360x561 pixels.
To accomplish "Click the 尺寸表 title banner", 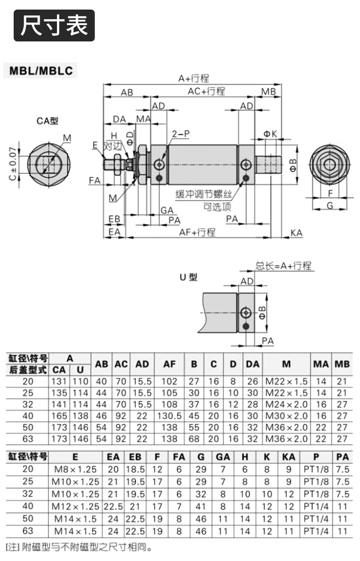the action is [x=54, y=25].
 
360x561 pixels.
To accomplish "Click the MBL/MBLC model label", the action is [x=41, y=71].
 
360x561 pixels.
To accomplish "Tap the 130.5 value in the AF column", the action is [x=169, y=416].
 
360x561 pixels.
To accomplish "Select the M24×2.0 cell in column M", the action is [x=287, y=404].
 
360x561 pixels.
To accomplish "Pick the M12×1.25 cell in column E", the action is [x=76, y=506].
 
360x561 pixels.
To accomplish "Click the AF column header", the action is [x=169, y=364].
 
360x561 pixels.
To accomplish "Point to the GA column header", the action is [x=223, y=457].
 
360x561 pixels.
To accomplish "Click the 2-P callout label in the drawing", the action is [x=180, y=134].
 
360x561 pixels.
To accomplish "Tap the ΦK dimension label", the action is [x=270, y=134].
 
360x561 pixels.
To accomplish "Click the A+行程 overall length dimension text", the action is [x=194, y=78].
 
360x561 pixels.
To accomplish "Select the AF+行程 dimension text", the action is [x=197, y=232].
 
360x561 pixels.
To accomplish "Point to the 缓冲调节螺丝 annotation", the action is [x=203, y=194].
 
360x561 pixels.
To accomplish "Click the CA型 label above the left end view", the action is [x=47, y=121].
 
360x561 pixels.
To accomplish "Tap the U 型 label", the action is [x=189, y=277].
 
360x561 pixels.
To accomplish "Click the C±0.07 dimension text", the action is [x=13, y=164].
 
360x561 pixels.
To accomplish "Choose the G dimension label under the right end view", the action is [x=330, y=206].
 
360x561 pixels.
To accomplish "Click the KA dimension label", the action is [x=296, y=233].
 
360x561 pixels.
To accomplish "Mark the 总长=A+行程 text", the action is [x=283, y=266].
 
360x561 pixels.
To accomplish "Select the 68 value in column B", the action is [x=194, y=439].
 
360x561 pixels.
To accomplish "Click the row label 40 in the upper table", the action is [x=28, y=416].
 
